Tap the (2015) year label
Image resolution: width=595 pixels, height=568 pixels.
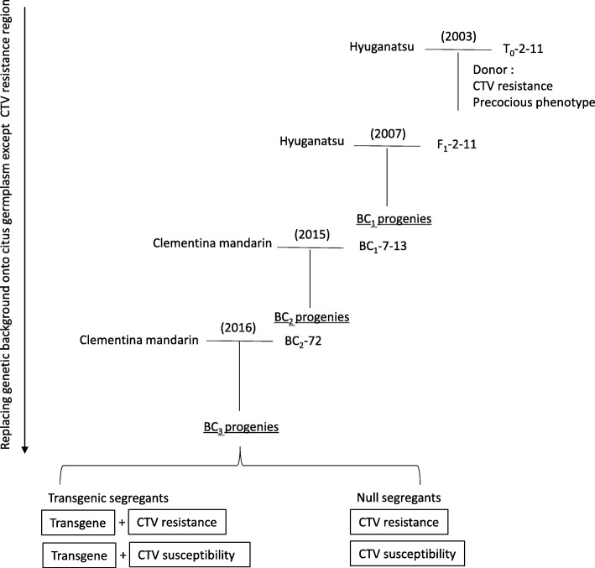coord(310,235)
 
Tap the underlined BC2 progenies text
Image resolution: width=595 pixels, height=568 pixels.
coord(311,318)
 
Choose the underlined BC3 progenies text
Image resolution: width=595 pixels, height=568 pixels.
coord(241,426)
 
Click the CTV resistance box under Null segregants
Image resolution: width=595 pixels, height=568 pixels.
coord(394,524)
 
